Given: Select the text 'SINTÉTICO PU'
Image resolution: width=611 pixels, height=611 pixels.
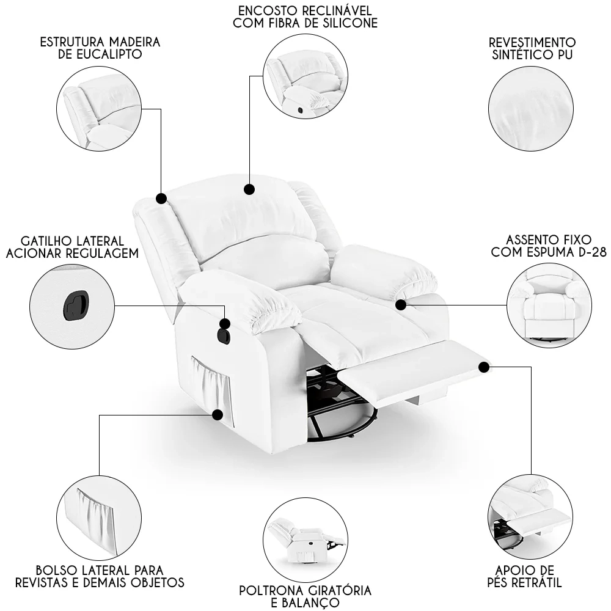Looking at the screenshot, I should pyautogui.click(x=532, y=54).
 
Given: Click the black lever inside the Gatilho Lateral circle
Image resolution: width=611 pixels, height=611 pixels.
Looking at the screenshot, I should pyautogui.click(x=75, y=304).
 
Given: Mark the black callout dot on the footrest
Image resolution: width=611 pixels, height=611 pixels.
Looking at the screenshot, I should pyautogui.click(x=484, y=367).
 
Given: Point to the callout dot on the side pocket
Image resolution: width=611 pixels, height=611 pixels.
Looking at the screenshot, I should pyautogui.click(x=217, y=415).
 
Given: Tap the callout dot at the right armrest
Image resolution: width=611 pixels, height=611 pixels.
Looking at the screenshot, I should pyautogui.click(x=401, y=304).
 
